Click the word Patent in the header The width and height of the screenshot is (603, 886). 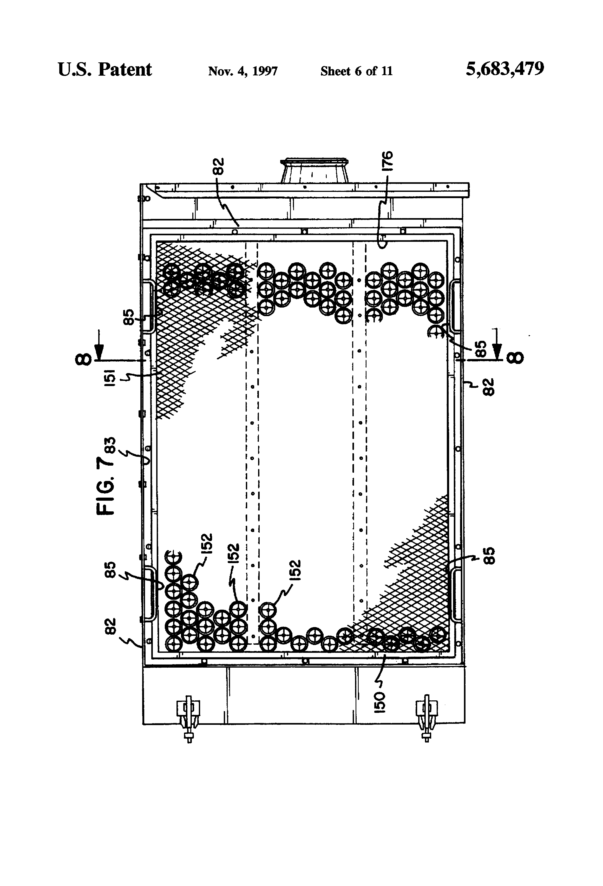point(125,70)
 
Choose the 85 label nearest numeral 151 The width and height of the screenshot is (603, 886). point(130,317)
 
